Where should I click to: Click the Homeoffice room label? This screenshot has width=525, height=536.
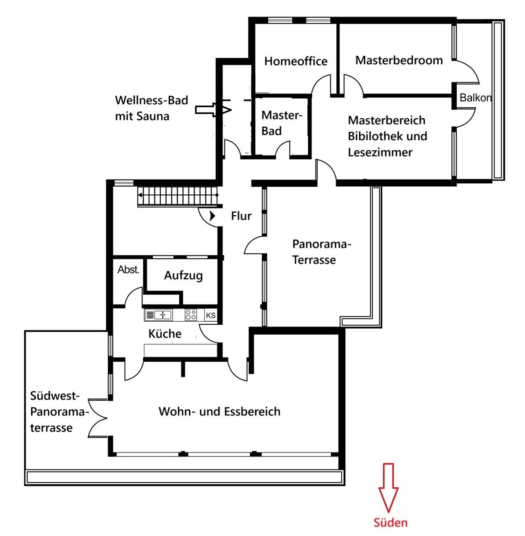(296, 61)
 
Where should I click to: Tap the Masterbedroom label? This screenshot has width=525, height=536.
(399, 60)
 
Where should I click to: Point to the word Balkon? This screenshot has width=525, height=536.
(475, 98)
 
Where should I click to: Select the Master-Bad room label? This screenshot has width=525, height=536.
(281, 123)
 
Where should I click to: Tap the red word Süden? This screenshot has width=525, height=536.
(390, 522)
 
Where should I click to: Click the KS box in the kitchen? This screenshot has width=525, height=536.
(211, 315)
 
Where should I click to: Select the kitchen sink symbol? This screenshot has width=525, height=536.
(158, 315)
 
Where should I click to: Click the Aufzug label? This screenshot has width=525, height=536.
(184, 276)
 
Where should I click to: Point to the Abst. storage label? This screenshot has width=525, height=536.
(128, 269)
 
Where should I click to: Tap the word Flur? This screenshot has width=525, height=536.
(241, 216)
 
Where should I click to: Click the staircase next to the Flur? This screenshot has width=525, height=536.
(177, 197)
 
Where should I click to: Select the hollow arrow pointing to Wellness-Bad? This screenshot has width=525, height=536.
(213, 110)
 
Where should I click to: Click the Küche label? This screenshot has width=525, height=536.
(165, 334)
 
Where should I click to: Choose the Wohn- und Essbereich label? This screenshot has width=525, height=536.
(219, 411)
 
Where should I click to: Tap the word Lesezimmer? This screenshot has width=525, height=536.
(380, 152)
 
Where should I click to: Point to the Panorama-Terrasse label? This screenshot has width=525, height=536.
(322, 252)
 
